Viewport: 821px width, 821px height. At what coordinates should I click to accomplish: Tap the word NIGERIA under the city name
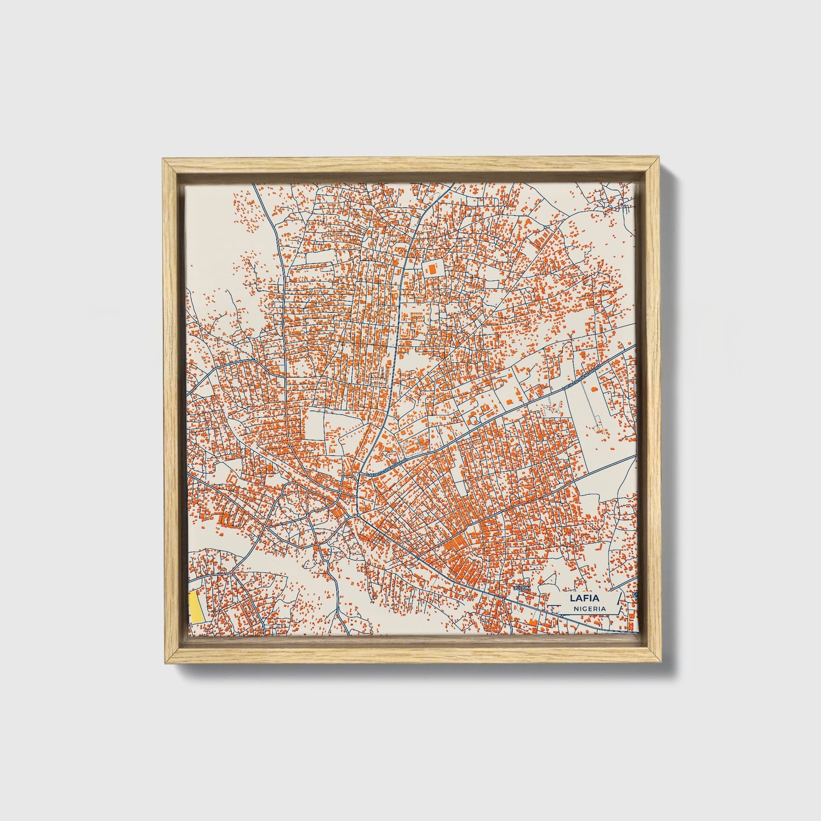tap(589, 609)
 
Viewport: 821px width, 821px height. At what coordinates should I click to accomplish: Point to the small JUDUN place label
tap(520, 588)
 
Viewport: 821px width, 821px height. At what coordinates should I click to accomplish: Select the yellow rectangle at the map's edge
tap(194, 606)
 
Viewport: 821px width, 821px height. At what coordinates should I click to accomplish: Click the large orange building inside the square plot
tap(433, 268)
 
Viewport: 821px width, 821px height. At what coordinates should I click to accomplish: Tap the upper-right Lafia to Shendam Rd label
tap(581, 376)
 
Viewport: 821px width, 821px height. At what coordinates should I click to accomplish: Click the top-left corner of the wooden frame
tap(164, 160)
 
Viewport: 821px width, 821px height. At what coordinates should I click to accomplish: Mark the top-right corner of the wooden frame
tap(659, 160)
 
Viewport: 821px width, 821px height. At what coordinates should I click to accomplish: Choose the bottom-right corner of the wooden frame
tap(659, 662)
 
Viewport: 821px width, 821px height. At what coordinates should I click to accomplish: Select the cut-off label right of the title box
tap(636, 595)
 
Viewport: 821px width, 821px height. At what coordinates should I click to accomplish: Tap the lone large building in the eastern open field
tap(594, 389)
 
